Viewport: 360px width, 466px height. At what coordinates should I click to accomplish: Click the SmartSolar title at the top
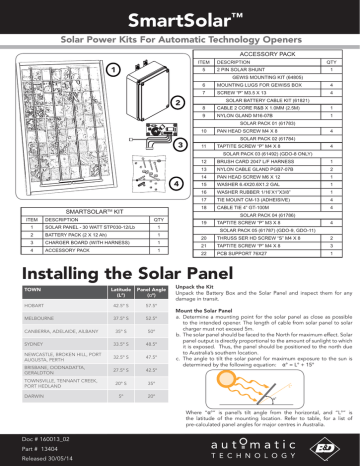click(x=179, y=18)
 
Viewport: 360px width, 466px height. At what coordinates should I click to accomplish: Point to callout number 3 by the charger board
click(x=178, y=144)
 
